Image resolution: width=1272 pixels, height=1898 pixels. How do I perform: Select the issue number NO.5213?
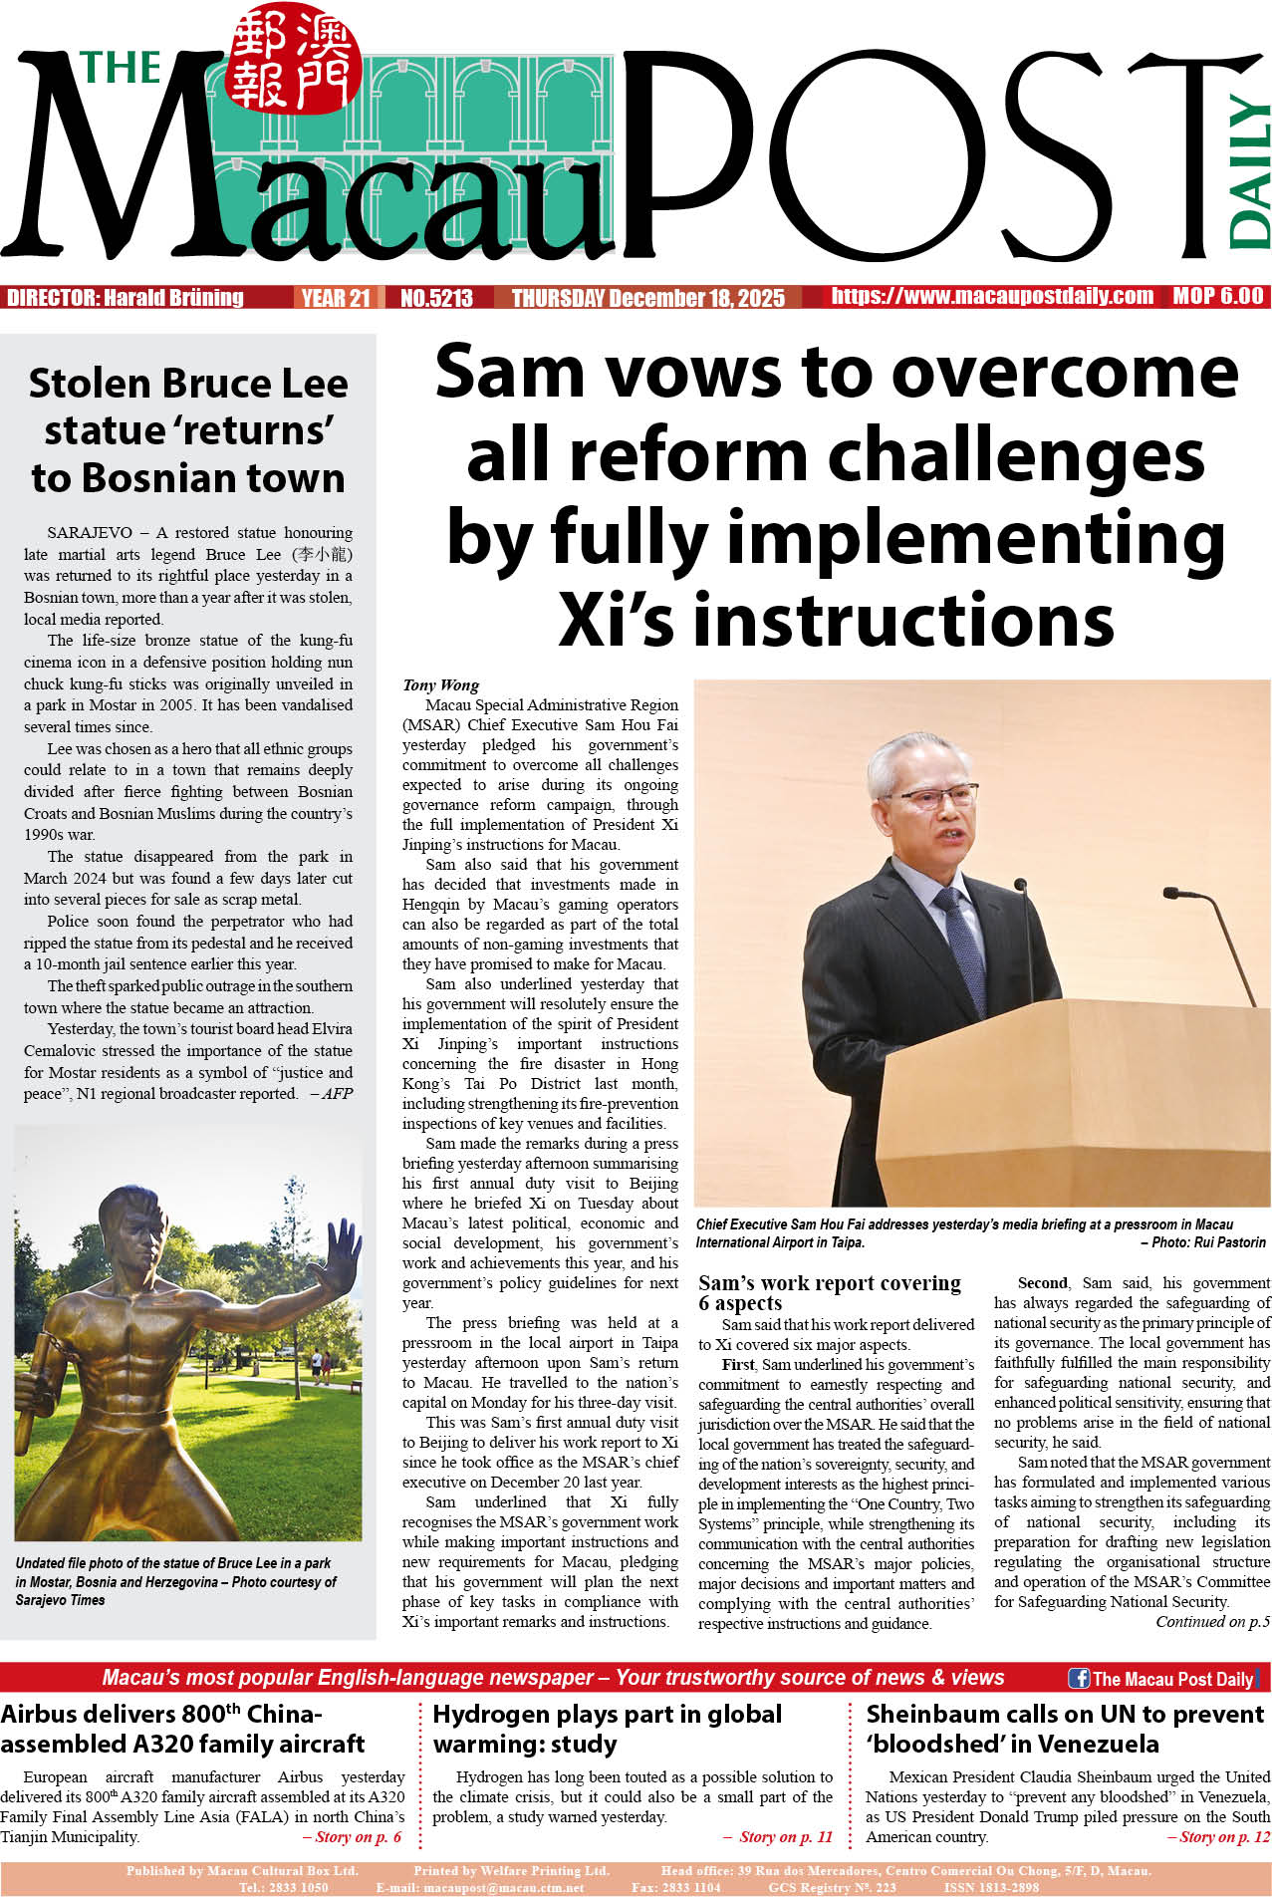[x=436, y=298]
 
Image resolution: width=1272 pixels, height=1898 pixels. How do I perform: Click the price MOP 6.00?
[x=1217, y=296]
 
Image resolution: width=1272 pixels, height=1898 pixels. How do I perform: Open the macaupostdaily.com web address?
[x=992, y=296]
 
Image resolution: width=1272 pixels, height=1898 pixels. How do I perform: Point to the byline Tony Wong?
[x=440, y=684]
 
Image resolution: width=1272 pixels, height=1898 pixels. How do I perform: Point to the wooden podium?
[x=1076, y=1096]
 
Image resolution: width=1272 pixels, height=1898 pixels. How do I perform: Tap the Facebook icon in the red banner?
[x=1078, y=1678]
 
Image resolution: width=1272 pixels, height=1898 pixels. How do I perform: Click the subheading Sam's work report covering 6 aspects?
[x=829, y=1292]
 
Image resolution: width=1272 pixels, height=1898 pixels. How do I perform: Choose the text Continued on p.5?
[x=1212, y=1622]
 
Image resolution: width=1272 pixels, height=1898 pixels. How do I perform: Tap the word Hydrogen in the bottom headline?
[x=494, y=1715]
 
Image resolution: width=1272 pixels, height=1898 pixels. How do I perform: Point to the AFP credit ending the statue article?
[x=335, y=1094]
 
